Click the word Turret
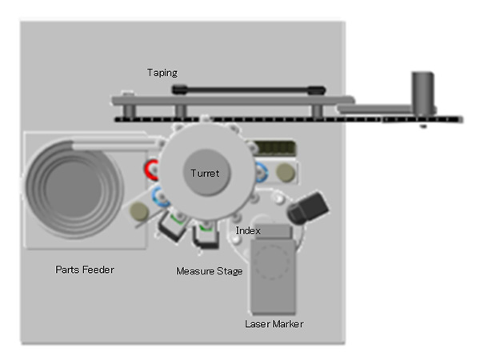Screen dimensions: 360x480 (x=205, y=173)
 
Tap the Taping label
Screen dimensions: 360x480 (x=162, y=72)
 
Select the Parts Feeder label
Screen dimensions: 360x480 (x=85, y=270)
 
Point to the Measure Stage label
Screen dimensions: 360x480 (x=210, y=271)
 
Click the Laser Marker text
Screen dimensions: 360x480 (x=274, y=324)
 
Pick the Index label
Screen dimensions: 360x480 (x=248, y=230)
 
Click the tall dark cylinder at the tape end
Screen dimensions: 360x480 (x=422, y=93)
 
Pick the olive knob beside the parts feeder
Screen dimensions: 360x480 (x=138, y=211)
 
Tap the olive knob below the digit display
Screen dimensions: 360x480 (x=284, y=173)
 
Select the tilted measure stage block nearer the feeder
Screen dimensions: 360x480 (x=171, y=226)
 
